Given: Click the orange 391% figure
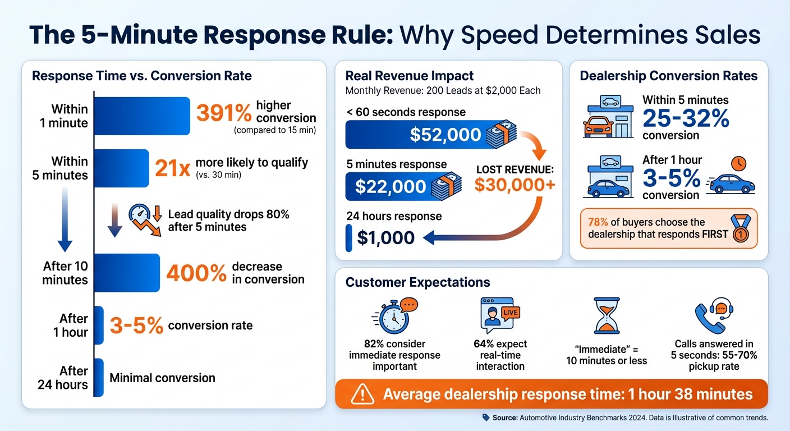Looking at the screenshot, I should [x=223, y=114].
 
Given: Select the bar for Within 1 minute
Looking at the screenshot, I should [x=141, y=116].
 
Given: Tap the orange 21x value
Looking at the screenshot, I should [x=173, y=168].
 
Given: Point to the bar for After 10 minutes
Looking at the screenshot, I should [x=127, y=273].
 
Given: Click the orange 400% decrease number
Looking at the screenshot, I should [x=196, y=274].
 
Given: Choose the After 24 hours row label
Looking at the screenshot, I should [x=63, y=378].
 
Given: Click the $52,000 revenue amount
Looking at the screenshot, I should [x=445, y=135].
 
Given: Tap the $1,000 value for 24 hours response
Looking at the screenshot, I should [x=386, y=238].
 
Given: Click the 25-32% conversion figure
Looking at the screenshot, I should [x=686, y=118].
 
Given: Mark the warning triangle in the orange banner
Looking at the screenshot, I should [x=362, y=395].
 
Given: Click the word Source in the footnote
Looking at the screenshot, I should [x=504, y=418].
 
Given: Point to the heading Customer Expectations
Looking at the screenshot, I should [x=417, y=282].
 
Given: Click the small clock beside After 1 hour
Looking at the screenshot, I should [x=739, y=164].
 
